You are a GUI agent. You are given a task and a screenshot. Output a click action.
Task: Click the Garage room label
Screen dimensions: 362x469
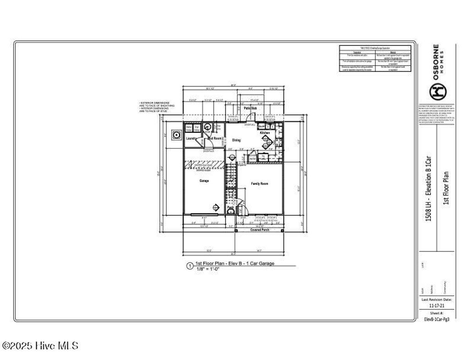tap(204, 181)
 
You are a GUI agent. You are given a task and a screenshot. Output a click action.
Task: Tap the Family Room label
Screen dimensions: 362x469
tap(259, 184)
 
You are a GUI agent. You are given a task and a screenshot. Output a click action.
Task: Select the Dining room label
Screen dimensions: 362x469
tap(236, 140)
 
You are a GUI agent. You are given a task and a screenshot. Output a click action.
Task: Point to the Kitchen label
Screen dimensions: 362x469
tap(265, 133)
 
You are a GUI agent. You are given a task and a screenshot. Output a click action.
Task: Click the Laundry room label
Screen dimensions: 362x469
tap(191, 138)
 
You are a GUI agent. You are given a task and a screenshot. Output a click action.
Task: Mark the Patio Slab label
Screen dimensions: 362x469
tap(250, 108)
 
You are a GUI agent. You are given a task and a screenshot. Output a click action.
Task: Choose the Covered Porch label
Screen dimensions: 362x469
tap(259, 230)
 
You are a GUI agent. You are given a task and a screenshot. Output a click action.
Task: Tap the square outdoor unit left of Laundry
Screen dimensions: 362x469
tap(175, 135)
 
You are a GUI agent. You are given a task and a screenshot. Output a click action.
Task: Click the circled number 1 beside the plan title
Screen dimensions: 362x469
tap(190, 266)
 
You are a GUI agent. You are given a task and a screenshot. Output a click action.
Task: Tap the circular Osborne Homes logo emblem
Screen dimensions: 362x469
tap(436, 92)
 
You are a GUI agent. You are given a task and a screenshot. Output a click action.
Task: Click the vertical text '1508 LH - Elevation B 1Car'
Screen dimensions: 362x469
tap(429, 188)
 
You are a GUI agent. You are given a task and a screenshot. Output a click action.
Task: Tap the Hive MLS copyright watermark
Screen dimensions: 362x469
tap(40, 346)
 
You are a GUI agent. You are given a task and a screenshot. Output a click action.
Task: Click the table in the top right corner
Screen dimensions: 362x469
tap(375, 58)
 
